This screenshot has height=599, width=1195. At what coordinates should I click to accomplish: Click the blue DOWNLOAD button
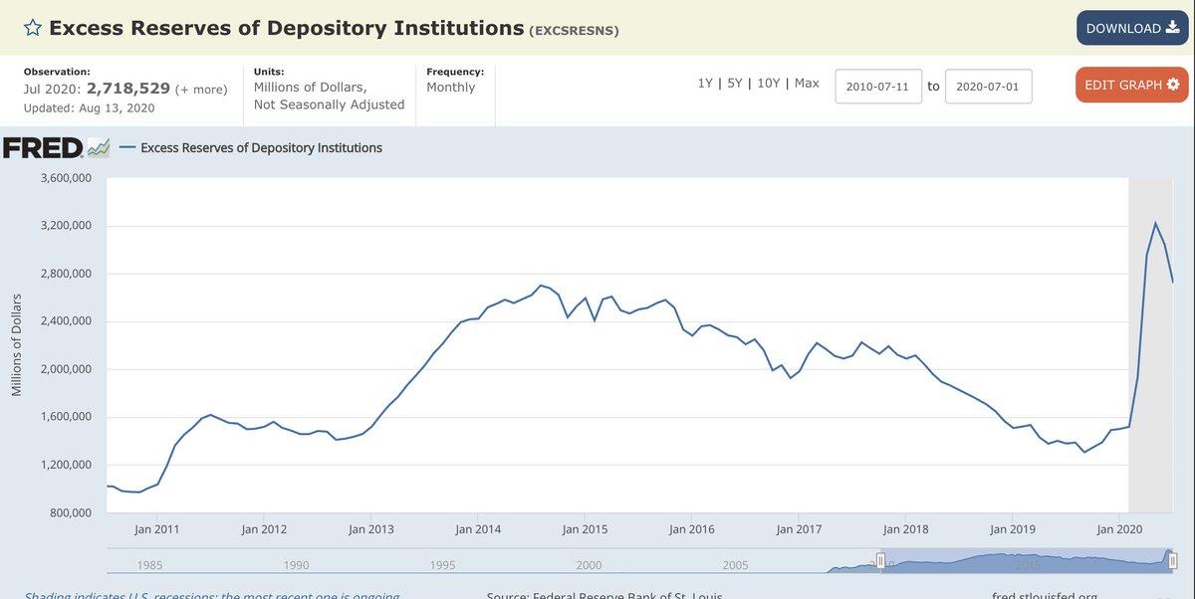[x=1132, y=28]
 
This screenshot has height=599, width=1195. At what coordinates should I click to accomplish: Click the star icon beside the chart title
[x=33, y=28]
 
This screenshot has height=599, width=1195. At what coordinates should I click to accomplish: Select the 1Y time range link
[x=705, y=84]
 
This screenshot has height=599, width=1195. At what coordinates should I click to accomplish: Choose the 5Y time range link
[x=735, y=84]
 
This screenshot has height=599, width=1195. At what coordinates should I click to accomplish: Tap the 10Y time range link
[x=768, y=84]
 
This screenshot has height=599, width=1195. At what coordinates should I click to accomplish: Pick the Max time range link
[x=807, y=84]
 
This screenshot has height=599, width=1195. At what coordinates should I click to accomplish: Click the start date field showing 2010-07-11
[x=878, y=87]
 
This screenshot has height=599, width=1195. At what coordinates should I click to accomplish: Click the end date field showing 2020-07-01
[x=988, y=87]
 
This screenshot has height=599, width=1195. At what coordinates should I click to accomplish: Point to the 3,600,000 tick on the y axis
[x=66, y=178]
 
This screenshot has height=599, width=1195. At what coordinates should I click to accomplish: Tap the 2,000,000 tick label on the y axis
[x=66, y=369]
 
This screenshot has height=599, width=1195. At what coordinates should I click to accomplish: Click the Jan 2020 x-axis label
[x=1119, y=529]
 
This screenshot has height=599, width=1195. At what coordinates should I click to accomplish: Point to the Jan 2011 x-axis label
[x=157, y=529]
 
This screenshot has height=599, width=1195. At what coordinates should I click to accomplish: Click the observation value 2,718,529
[x=128, y=89]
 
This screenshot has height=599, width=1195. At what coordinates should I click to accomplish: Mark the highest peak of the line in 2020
[x=1155, y=223]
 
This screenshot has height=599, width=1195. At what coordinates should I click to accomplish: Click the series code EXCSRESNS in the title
[x=574, y=31]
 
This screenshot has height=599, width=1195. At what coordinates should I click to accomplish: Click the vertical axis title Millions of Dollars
[x=16, y=345]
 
